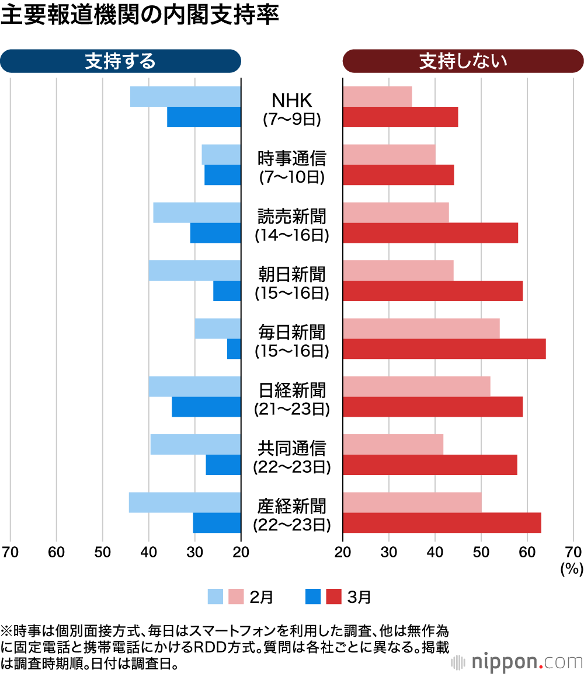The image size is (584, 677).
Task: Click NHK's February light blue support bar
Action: [x=185, y=96]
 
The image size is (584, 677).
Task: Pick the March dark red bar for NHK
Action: [x=400, y=117]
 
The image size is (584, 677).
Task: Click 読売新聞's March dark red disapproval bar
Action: [x=430, y=233]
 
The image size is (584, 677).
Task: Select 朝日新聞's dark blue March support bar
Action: [x=227, y=291]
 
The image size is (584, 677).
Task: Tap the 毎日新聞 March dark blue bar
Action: [x=234, y=349]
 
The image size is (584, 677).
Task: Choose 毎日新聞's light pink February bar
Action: [x=421, y=329]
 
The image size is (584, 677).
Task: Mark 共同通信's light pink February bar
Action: [x=393, y=445]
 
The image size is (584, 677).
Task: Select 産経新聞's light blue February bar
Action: [x=185, y=502]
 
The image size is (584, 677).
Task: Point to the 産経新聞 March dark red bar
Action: [x=442, y=522]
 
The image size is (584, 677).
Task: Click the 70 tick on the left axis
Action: [x=10, y=552]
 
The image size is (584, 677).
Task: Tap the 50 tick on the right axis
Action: [x=481, y=552]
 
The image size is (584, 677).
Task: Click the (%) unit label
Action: [x=568, y=569]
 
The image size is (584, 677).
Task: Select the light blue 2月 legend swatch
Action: [x=215, y=596]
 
